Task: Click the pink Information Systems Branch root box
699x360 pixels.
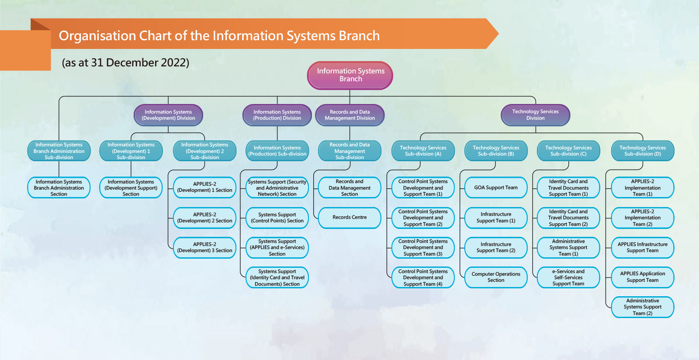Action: pyautogui.click(x=350, y=75)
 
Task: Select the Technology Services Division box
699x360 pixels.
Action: pyautogui.click(x=535, y=115)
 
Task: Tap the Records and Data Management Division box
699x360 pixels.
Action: pyautogui.click(x=349, y=115)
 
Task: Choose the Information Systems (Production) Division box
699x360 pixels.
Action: pyautogui.click(x=277, y=115)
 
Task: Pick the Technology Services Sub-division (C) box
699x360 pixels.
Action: pyautogui.click(x=568, y=151)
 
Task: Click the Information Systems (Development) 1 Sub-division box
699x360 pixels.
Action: pyautogui.click(x=131, y=151)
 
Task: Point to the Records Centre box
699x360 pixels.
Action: pyautogui.click(x=349, y=218)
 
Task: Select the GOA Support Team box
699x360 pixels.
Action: pyautogui.click(x=496, y=187)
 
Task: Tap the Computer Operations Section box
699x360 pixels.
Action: pyautogui.click(x=496, y=277)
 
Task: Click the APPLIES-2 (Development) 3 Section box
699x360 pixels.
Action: pyautogui.click(x=204, y=247)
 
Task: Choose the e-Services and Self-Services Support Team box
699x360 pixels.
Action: pyautogui.click(x=568, y=277)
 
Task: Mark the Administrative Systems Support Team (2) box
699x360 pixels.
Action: pyautogui.click(x=643, y=307)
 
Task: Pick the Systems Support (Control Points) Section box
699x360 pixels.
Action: pyautogui.click(x=277, y=218)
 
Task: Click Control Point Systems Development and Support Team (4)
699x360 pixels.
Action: pyautogui.click(x=423, y=277)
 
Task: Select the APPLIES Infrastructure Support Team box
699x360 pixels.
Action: pyautogui.click(x=643, y=247)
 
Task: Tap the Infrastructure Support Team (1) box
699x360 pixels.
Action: pyautogui.click(x=496, y=218)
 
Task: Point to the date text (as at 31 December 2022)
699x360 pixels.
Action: pyautogui.click(x=125, y=63)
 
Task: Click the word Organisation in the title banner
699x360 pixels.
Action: pyautogui.click(x=97, y=36)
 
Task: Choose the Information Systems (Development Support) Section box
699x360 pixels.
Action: pyautogui.click(x=131, y=187)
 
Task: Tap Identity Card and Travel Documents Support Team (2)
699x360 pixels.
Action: pyautogui.click(x=568, y=218)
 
